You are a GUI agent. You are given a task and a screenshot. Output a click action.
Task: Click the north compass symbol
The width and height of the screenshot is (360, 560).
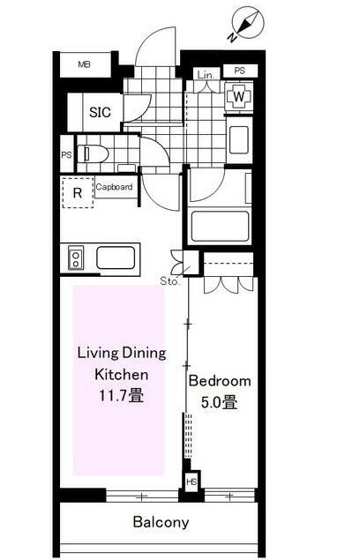point(247,24)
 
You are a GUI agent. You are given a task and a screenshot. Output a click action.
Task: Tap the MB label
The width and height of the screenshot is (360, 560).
point(85,64)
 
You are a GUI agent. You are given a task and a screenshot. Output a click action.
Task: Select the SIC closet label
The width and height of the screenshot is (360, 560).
point(100,112)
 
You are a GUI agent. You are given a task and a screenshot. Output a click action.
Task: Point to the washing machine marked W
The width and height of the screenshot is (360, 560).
point(238,96)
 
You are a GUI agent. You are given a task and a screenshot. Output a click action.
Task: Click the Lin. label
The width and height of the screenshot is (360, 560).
point(206,75)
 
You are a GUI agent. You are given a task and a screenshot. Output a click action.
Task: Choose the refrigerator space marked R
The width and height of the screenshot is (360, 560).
point(78,192)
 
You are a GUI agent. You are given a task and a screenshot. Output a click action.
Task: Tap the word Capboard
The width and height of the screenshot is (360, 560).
point(114,187)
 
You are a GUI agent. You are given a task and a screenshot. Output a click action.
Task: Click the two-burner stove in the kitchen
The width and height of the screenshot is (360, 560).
point(76,258)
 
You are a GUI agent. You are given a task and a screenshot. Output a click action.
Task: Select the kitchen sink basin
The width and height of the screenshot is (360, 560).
point(116,258)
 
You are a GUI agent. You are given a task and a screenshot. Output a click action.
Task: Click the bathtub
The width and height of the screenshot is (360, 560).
point(220,227)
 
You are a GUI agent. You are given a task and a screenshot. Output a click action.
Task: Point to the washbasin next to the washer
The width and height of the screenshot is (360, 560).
point(238,139)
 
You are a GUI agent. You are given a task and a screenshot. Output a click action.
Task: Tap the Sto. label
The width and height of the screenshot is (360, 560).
point(169,281)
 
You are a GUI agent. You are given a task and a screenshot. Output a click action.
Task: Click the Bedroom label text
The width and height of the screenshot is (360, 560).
point(220,381)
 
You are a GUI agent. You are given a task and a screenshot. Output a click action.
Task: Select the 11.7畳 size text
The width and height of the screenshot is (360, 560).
point(122,396)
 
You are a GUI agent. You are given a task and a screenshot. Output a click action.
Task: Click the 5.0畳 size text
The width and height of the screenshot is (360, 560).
point(219,402)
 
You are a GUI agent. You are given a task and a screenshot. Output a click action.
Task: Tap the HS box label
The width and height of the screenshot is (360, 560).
point(191,482)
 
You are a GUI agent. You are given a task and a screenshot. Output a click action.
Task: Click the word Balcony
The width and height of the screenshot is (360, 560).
point(161,522)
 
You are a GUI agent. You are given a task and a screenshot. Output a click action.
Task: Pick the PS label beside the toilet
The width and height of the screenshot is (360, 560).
point(66,155)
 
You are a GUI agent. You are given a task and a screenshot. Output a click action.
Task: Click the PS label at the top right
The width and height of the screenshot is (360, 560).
point(239,71)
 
